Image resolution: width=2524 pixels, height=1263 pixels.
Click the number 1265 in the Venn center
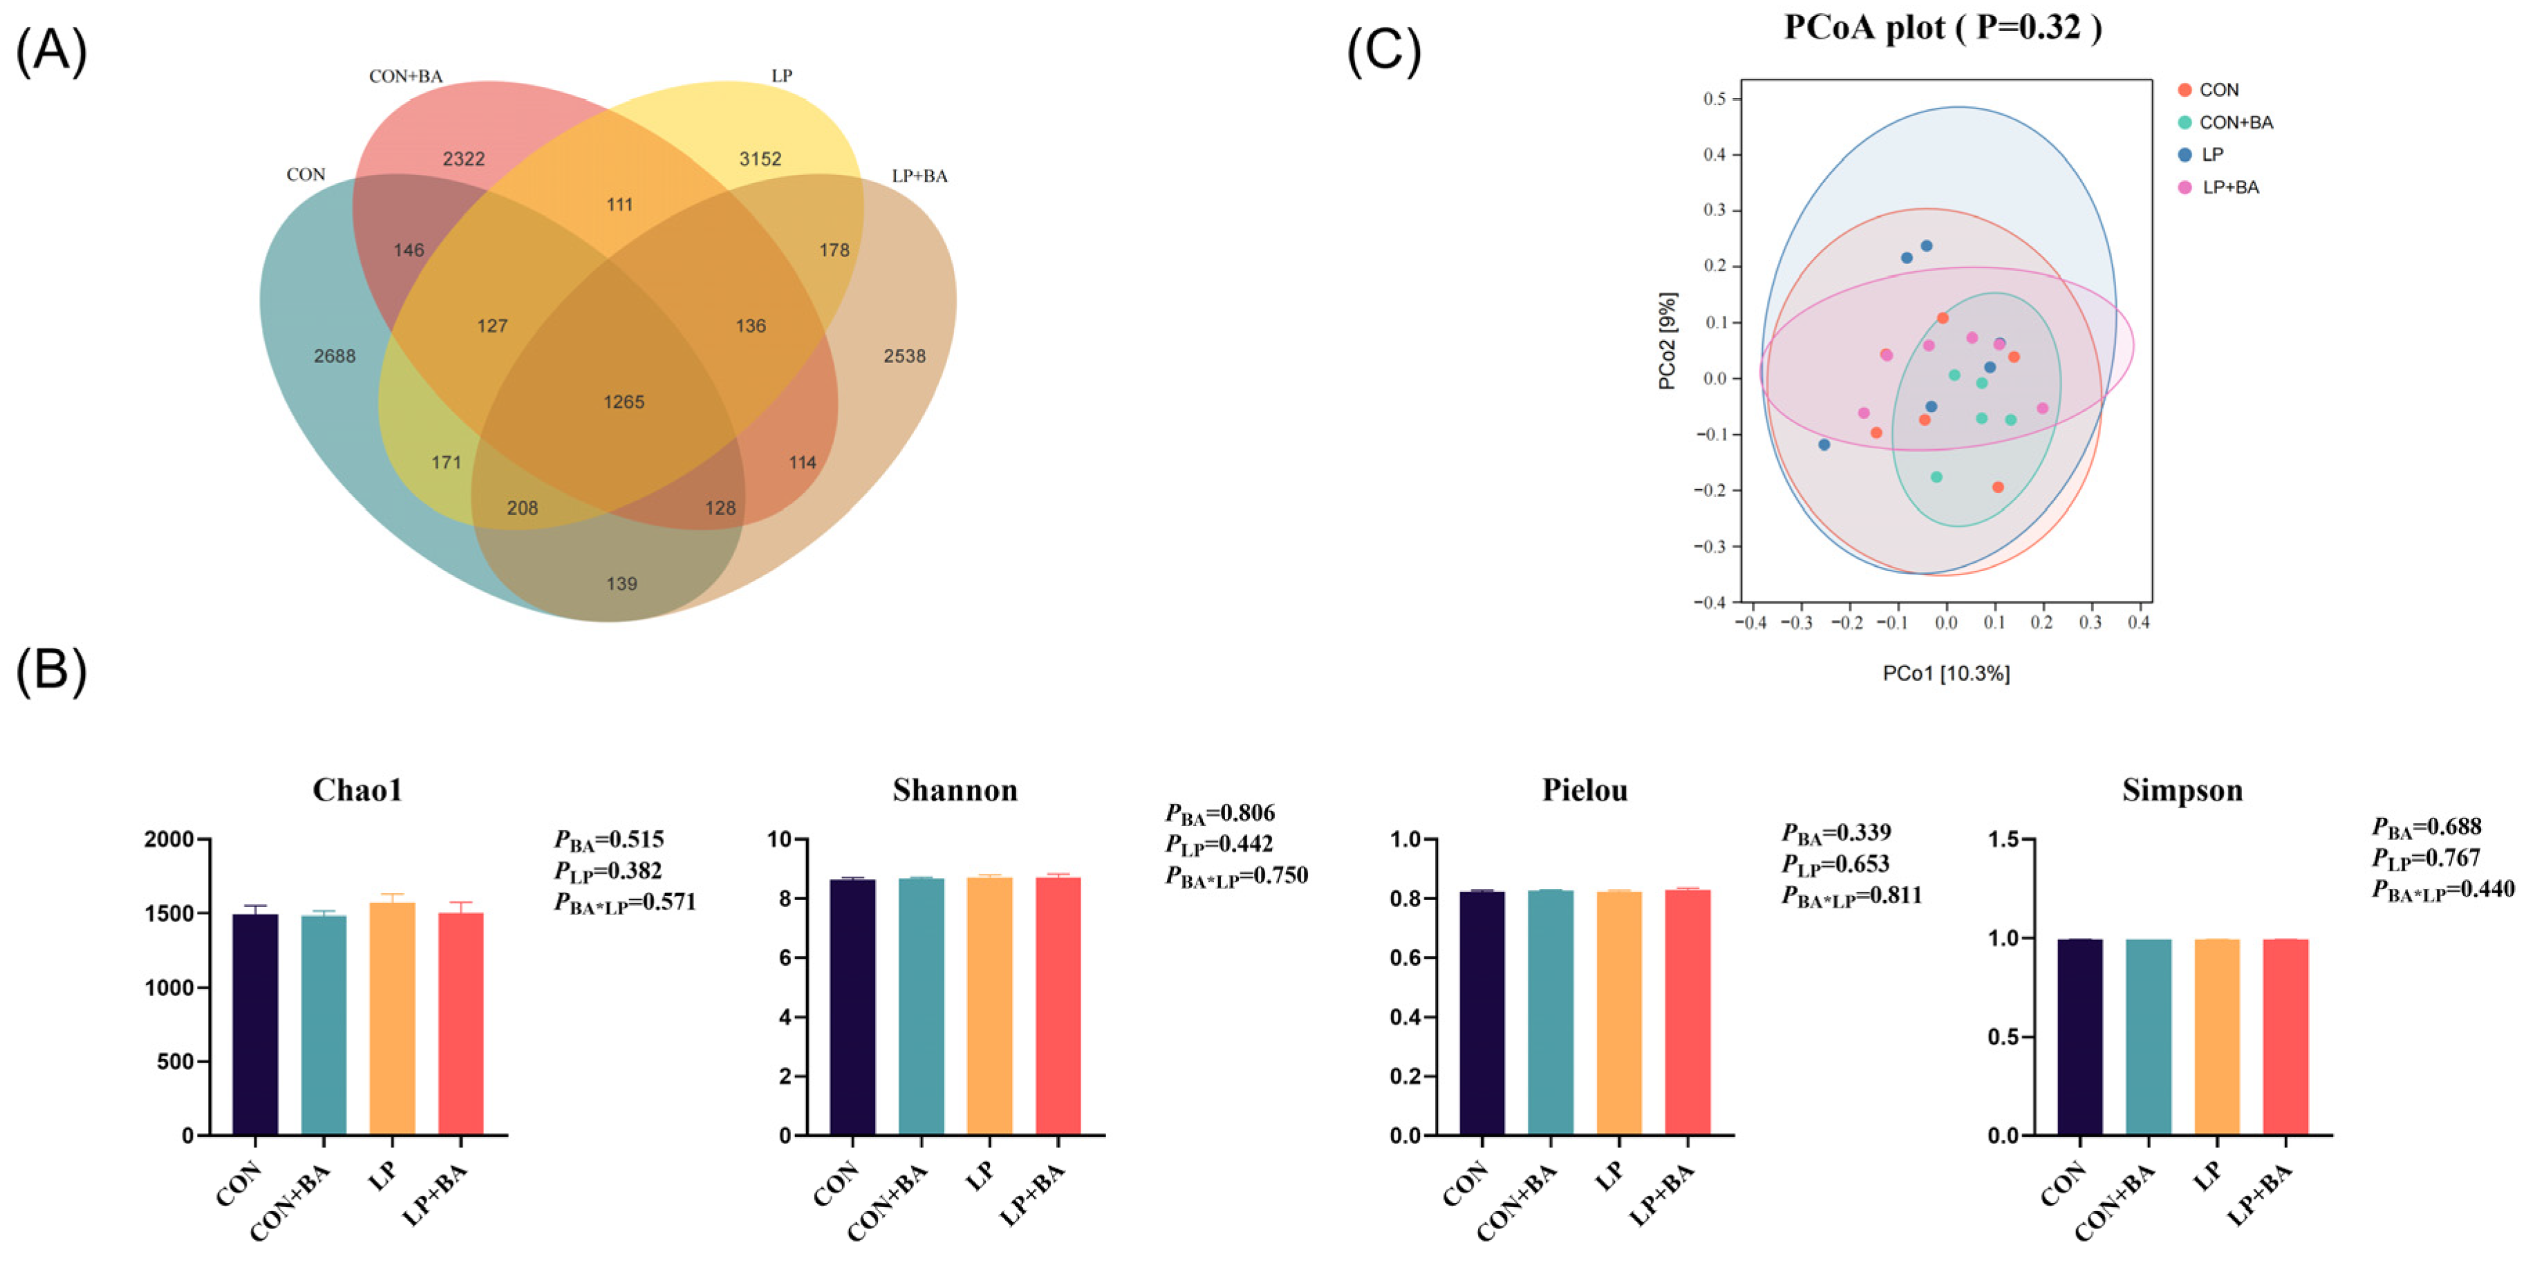pyautogui.click(x=623, y=402)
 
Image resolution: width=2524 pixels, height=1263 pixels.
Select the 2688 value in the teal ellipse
pyautogui.click(x=334, y=357)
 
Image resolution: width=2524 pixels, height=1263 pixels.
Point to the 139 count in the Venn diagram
pyautogui.click(x=621, y=584)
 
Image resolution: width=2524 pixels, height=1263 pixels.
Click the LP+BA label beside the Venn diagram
pyautogui.click(x=919, y=176)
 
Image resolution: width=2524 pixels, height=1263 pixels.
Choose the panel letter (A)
pyautogui.click(x=51, y=51)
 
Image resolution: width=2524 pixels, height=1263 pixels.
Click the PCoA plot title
pyautogui.click(x=1942, y=28)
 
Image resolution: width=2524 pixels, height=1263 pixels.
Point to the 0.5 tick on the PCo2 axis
pyautogui.click(x=1714, y=99)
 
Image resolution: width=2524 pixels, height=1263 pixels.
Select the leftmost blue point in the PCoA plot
pyautogui.click(x=1824, y=445)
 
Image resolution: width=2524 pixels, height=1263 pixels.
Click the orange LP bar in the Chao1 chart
pyautogui.click(x=392, y=1018)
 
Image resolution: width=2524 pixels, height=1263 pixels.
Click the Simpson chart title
pyautogui.click(x=2182, y=789)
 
